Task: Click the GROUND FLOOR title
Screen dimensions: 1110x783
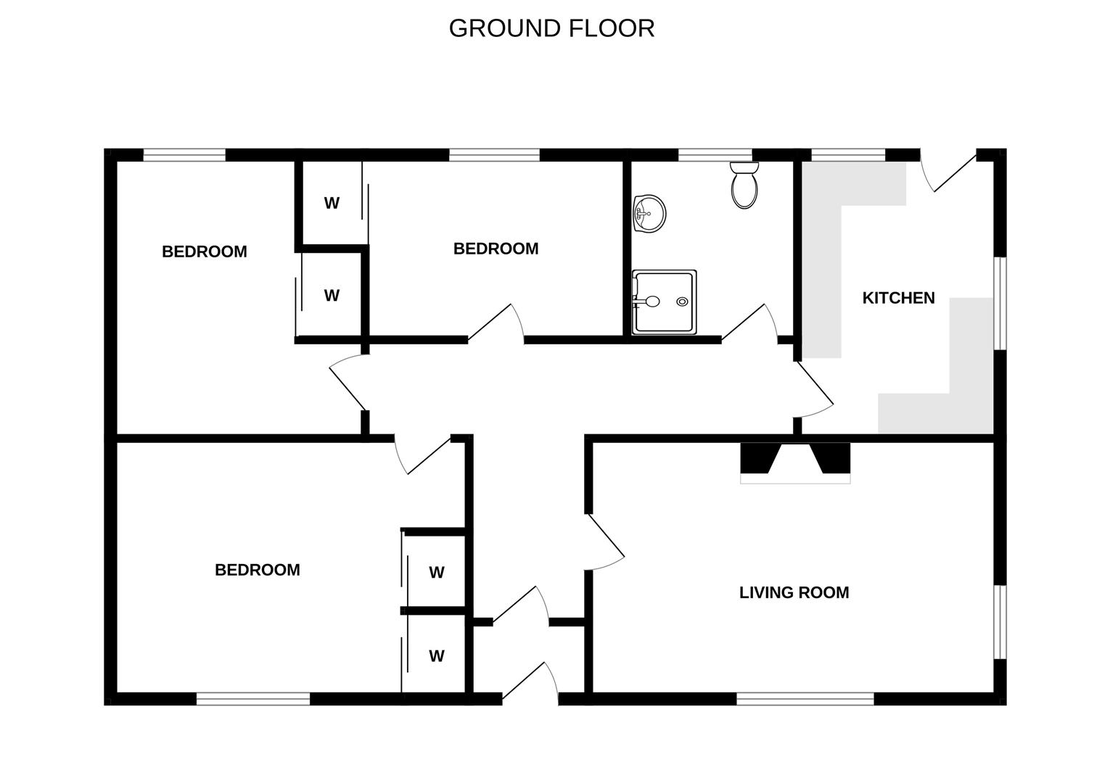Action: coord(551,28)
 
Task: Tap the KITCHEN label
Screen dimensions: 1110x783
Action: coord(898,298)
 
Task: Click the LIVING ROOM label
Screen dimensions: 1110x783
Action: coord(794,592)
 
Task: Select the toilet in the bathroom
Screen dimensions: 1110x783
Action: coord(744,185)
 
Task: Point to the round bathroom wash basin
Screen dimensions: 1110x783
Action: coord(649,214)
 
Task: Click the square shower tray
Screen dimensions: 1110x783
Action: coord(665,302)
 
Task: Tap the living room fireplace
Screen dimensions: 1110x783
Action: coord(795,463)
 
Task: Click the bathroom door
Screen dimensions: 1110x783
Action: coord(749,323)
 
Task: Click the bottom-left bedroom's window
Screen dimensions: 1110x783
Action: coord(253,699)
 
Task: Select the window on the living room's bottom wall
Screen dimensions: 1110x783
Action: coord(805,699)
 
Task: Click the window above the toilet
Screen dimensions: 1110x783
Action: coord(715,154)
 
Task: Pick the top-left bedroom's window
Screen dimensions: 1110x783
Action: coord(184,154)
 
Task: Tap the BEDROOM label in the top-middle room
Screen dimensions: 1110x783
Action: coord(496,249)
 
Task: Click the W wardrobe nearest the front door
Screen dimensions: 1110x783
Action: coord(437,655)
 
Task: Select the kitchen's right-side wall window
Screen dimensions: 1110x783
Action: coord(1000,303)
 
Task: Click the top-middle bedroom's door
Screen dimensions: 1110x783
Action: coord(496,323)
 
